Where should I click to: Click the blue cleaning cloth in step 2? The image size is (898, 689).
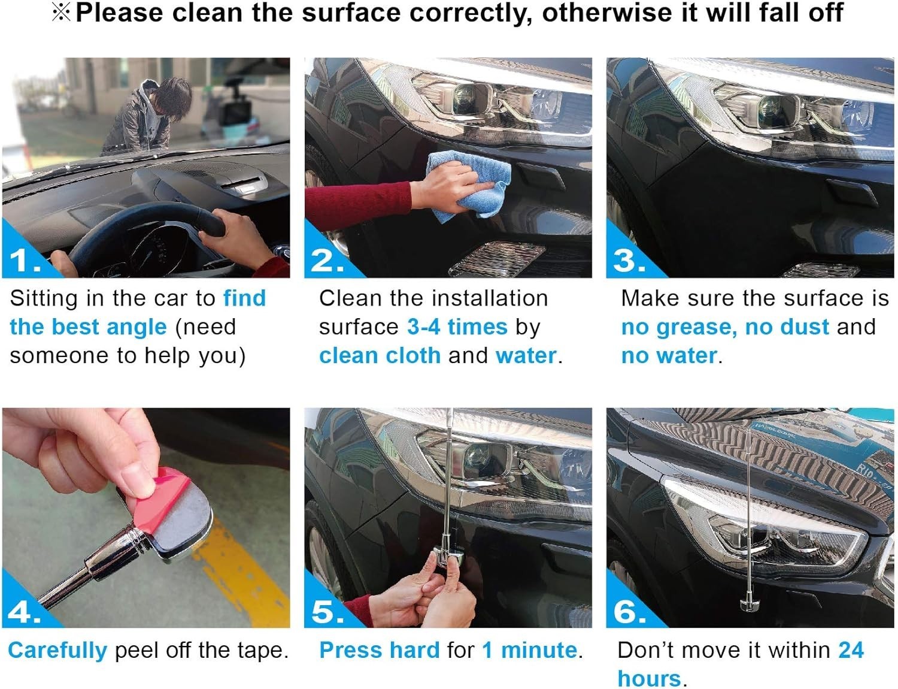point(469,184)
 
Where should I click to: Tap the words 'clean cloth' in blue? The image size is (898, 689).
point(380,356)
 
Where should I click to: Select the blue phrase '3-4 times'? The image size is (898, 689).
point(457,327)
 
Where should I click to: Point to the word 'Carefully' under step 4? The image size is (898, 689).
point(57,651)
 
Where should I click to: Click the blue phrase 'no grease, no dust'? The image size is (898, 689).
point(725,328)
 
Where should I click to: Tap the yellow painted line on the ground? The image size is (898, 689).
point(239,575)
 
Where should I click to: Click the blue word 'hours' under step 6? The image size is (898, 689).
point(649,679)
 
